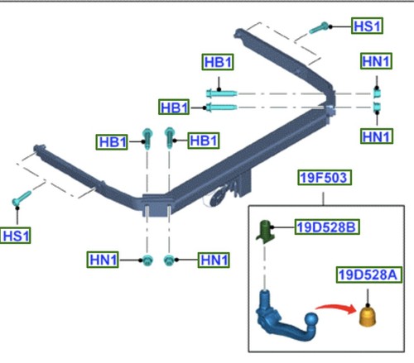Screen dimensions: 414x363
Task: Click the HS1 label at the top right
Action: point(367,26)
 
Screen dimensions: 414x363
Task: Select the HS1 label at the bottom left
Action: point(16,236)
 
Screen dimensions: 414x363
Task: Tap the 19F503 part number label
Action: point(325,178)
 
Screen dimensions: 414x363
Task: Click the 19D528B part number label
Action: point(327,227)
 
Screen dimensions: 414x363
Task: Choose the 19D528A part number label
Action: point(368,275)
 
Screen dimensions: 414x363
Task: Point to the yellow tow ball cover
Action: point(368,317)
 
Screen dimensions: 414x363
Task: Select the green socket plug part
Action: point(266,231)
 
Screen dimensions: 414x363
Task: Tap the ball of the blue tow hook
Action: point(311,320)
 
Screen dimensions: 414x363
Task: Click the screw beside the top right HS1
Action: point(319,28)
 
